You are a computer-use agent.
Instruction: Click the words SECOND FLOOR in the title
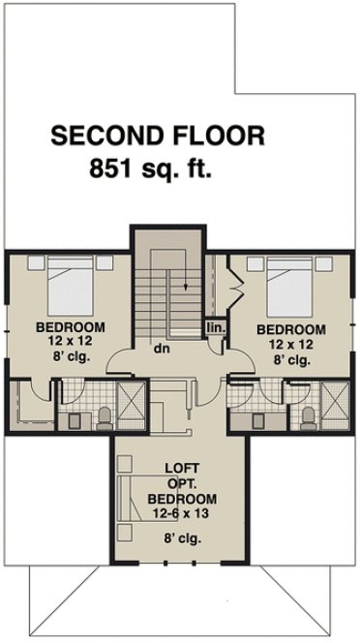[x=157, y=135]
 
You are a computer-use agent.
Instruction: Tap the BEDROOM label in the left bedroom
[x=70, y=325]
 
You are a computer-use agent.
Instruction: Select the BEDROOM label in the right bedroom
[x=289, y=330]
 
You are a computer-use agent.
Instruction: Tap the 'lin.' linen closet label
[x=215, y=328]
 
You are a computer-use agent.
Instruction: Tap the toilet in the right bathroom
[x=307, y=415]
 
